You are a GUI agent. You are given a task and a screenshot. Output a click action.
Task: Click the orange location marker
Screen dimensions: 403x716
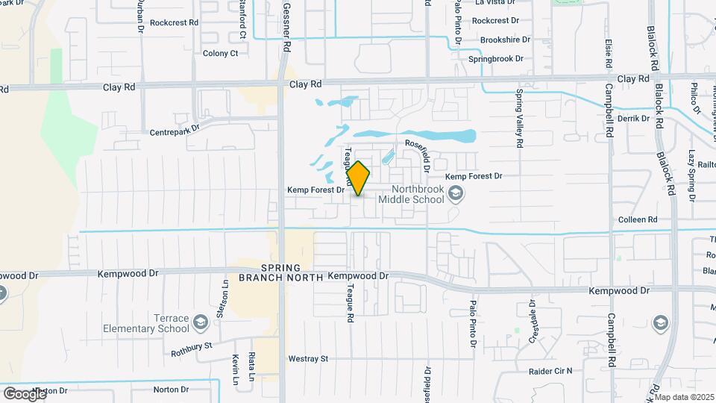click(358, 178)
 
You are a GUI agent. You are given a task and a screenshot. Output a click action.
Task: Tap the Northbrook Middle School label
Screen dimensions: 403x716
click(411, 194)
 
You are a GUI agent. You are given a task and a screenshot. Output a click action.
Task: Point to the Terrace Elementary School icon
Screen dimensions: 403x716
click(200, 322)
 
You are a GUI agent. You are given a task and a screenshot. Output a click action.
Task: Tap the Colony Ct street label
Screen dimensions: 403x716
click(220, 53)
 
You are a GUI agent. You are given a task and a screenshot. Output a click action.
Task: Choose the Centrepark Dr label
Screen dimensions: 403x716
click(175, 128)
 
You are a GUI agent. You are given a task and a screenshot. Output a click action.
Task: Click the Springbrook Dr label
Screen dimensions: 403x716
click(496, 58)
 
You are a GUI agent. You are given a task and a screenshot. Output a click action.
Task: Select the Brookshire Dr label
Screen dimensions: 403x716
click(505, 40)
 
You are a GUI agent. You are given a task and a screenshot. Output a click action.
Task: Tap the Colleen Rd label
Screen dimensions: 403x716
click(637, 220)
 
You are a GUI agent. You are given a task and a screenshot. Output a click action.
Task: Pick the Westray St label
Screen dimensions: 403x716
click(308, 359)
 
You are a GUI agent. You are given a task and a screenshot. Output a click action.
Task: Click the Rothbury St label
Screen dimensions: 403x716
click(192, 346)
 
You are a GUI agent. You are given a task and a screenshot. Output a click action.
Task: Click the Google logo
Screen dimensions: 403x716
click(25, 393)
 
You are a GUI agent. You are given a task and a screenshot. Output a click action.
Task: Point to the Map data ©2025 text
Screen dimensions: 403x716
click(684, 397)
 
